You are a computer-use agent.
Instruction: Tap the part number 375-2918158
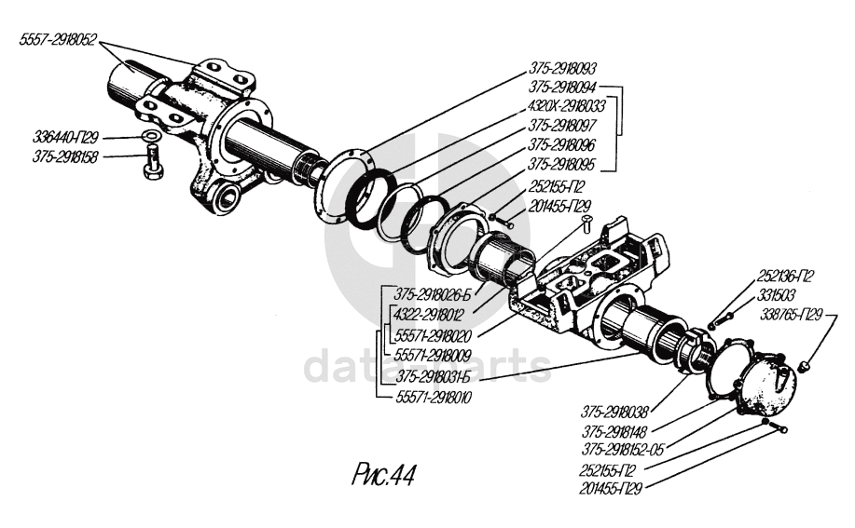64,156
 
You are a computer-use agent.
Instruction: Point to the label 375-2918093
562,68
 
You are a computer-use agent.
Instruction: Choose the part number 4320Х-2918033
567,105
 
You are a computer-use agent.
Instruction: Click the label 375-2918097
562,125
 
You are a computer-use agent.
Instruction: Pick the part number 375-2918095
562,164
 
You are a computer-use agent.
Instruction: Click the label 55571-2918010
434,398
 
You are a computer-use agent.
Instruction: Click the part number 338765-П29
794,315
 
